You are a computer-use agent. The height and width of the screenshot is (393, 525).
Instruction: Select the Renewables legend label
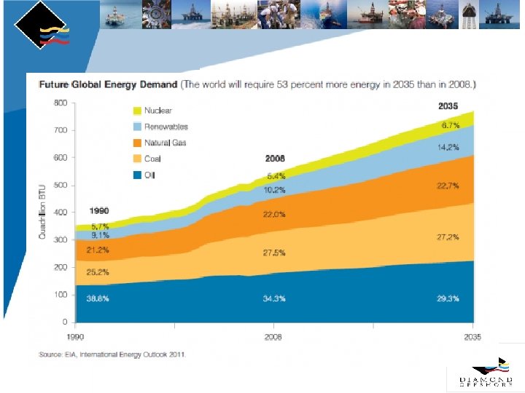pos(166,127)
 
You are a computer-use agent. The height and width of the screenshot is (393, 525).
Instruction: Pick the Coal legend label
pos(152,159)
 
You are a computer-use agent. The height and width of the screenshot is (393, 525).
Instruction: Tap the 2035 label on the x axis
pos(473,338)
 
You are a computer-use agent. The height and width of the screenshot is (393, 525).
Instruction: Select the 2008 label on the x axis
pos(273,338)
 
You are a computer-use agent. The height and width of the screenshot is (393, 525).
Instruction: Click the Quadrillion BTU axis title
pos(42,210)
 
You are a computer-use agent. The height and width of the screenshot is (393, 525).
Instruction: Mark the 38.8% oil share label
pos(98,299)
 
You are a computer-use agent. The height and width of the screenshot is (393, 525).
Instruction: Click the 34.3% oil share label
pos(275,299)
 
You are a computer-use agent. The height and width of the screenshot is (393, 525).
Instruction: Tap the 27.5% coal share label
pos(275,252)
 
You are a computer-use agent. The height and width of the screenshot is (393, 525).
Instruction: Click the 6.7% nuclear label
pos(449,125)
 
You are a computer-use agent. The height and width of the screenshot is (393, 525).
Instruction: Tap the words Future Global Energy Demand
pos(108,84)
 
